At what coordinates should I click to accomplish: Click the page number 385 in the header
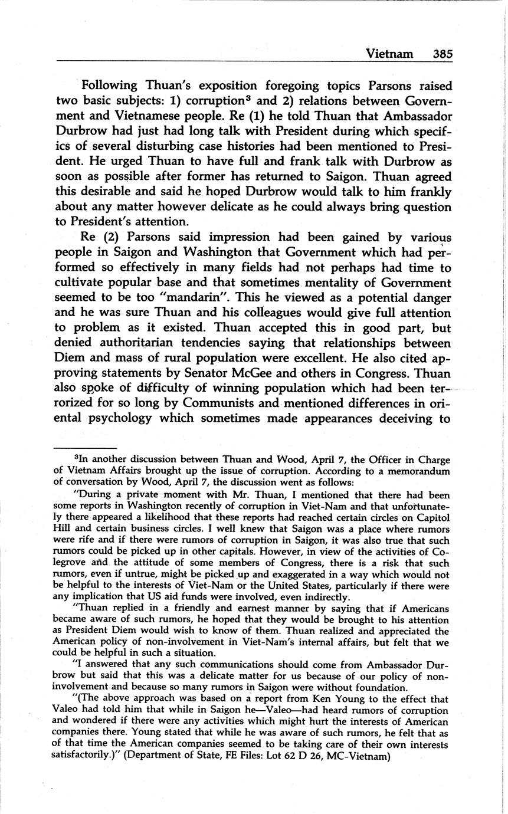click(x=442, y=54)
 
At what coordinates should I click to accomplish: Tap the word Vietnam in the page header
click(x=389, y=54)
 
